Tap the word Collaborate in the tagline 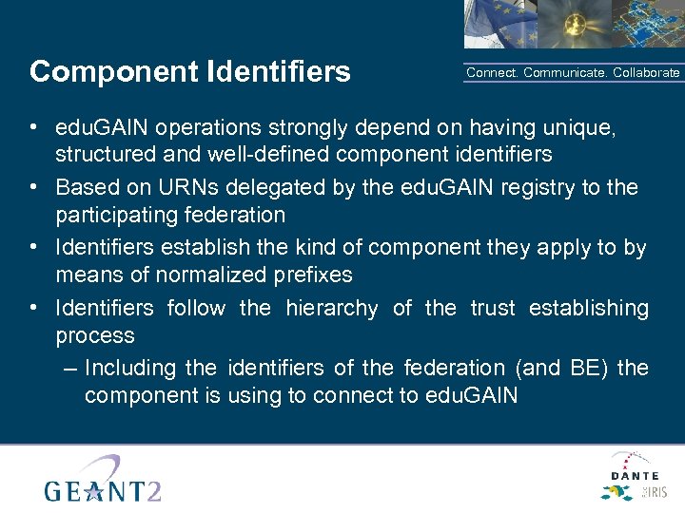point(646,73)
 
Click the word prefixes point(315,275)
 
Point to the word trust point(492,308)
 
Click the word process point(95,335)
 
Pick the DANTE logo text point(635,474)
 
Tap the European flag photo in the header point(498,24)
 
